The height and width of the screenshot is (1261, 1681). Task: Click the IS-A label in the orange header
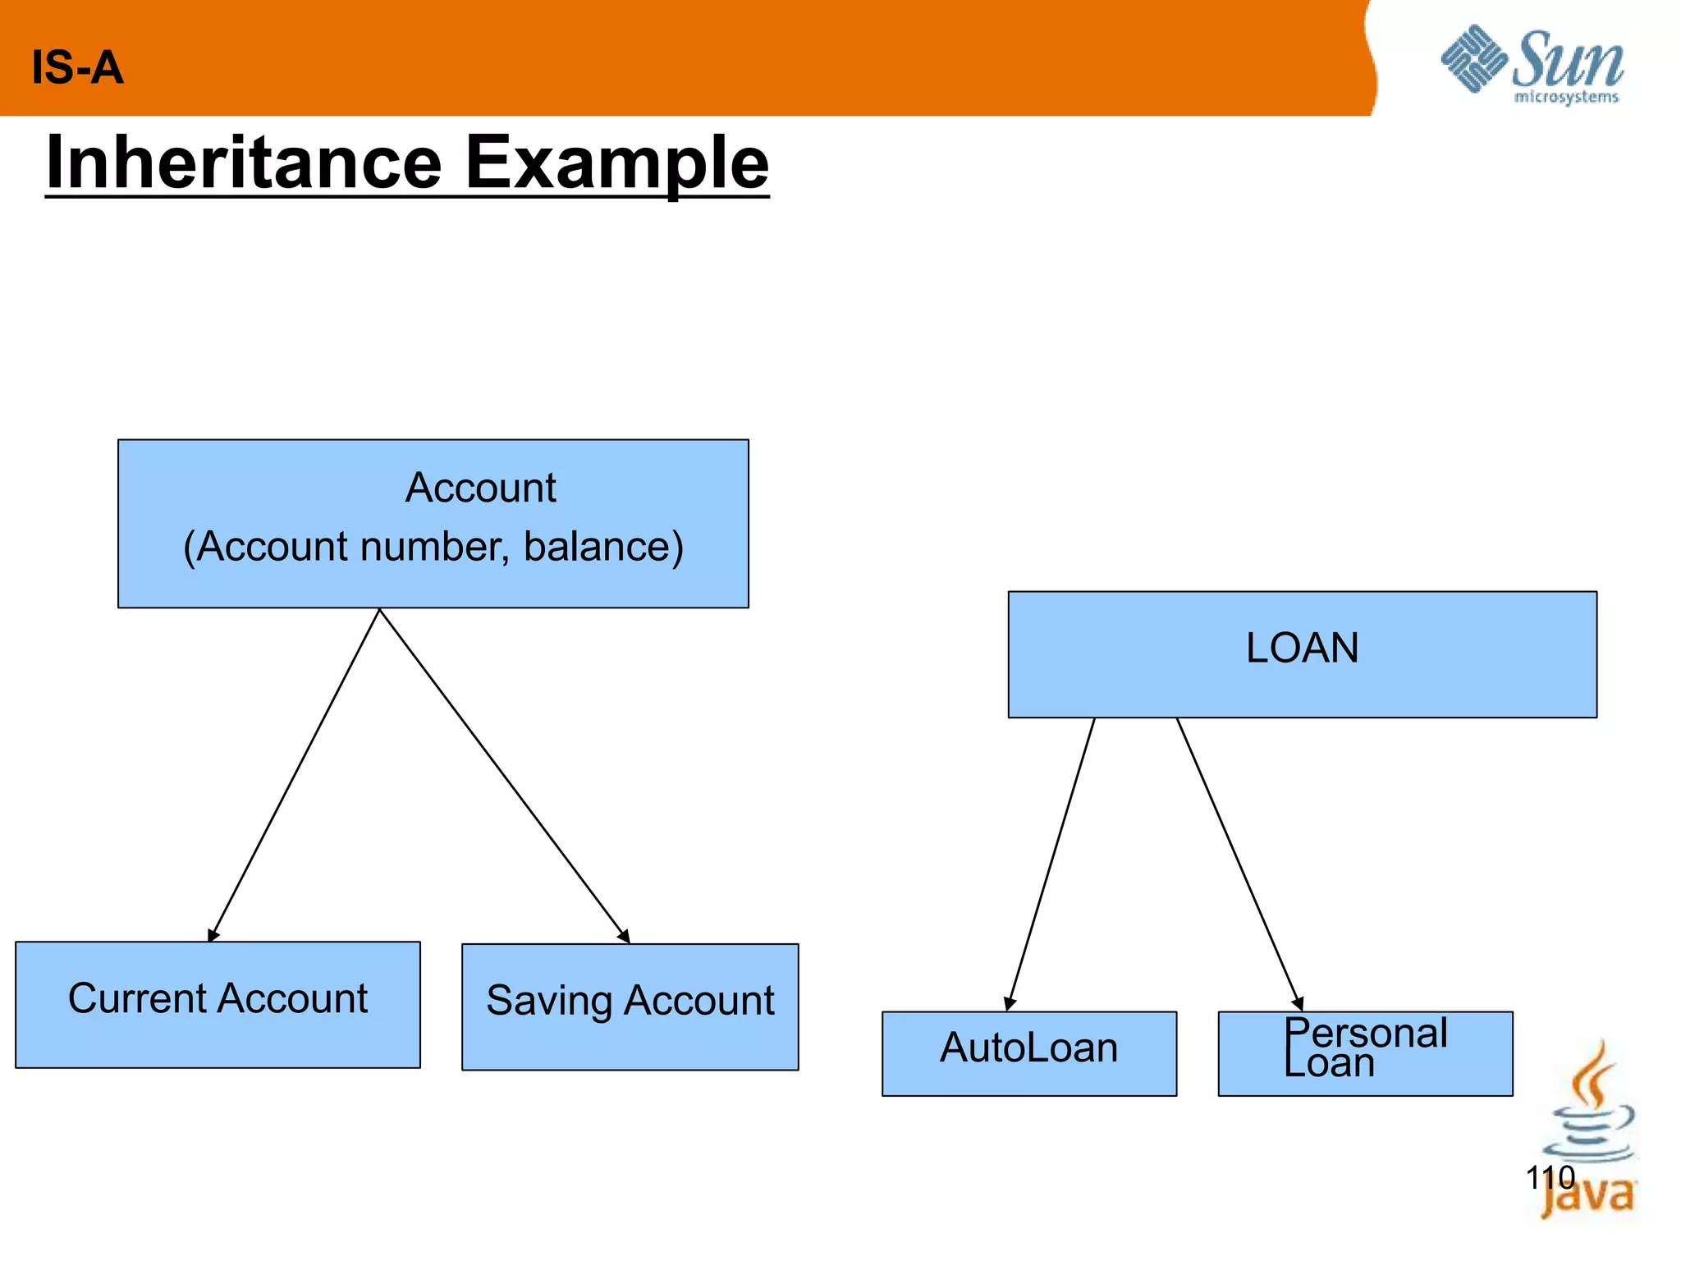(77, 67)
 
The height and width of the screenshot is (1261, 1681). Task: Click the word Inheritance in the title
(244, 163)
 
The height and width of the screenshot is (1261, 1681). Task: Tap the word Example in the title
(616, 163)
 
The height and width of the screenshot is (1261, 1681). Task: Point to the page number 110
(1550, 1177)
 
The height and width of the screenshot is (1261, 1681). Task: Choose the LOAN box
(1302, 654)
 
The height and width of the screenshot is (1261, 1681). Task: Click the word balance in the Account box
(603, 547)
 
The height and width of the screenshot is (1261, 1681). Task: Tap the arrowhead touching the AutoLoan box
(1010, 1003)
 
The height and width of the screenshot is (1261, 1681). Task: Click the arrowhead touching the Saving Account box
(624, 936)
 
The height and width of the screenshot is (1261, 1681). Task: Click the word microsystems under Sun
(1565, 98)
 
